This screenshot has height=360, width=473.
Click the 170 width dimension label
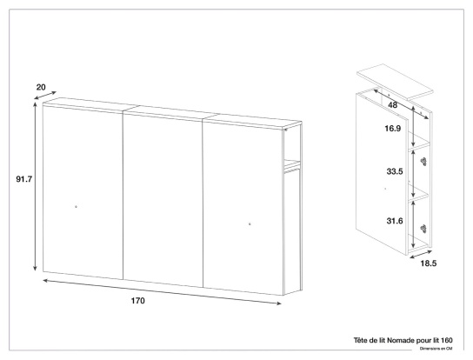tap(138, 301)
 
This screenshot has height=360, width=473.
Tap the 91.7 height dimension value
tap(24, 179)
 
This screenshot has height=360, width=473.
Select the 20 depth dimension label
tap(41, 87)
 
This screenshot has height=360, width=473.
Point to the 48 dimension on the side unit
tap(393, 105)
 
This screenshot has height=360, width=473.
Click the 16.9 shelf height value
tap(393, 129)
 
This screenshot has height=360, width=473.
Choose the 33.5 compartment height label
tap(395, 171)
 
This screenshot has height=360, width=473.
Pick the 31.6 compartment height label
tap(395, 221)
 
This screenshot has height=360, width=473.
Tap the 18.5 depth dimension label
tap(429, 263)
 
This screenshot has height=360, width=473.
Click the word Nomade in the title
tap(401, 340)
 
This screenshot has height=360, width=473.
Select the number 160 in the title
tap(447, 340)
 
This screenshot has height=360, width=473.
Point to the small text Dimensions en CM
tap(436, 349)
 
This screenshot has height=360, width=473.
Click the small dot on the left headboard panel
tap(76, 207)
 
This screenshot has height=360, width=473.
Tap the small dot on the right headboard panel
tap(250, 223)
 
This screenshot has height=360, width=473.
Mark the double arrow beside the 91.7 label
tap(36, 186)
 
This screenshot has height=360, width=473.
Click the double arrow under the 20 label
tap(45, 95)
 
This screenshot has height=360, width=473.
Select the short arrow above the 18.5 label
tap(421, 254)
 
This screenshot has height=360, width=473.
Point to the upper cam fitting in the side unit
tap(423, 162)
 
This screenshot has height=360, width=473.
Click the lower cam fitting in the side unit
tap(423, 229)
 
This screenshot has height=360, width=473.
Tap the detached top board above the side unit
tap(395, 82)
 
